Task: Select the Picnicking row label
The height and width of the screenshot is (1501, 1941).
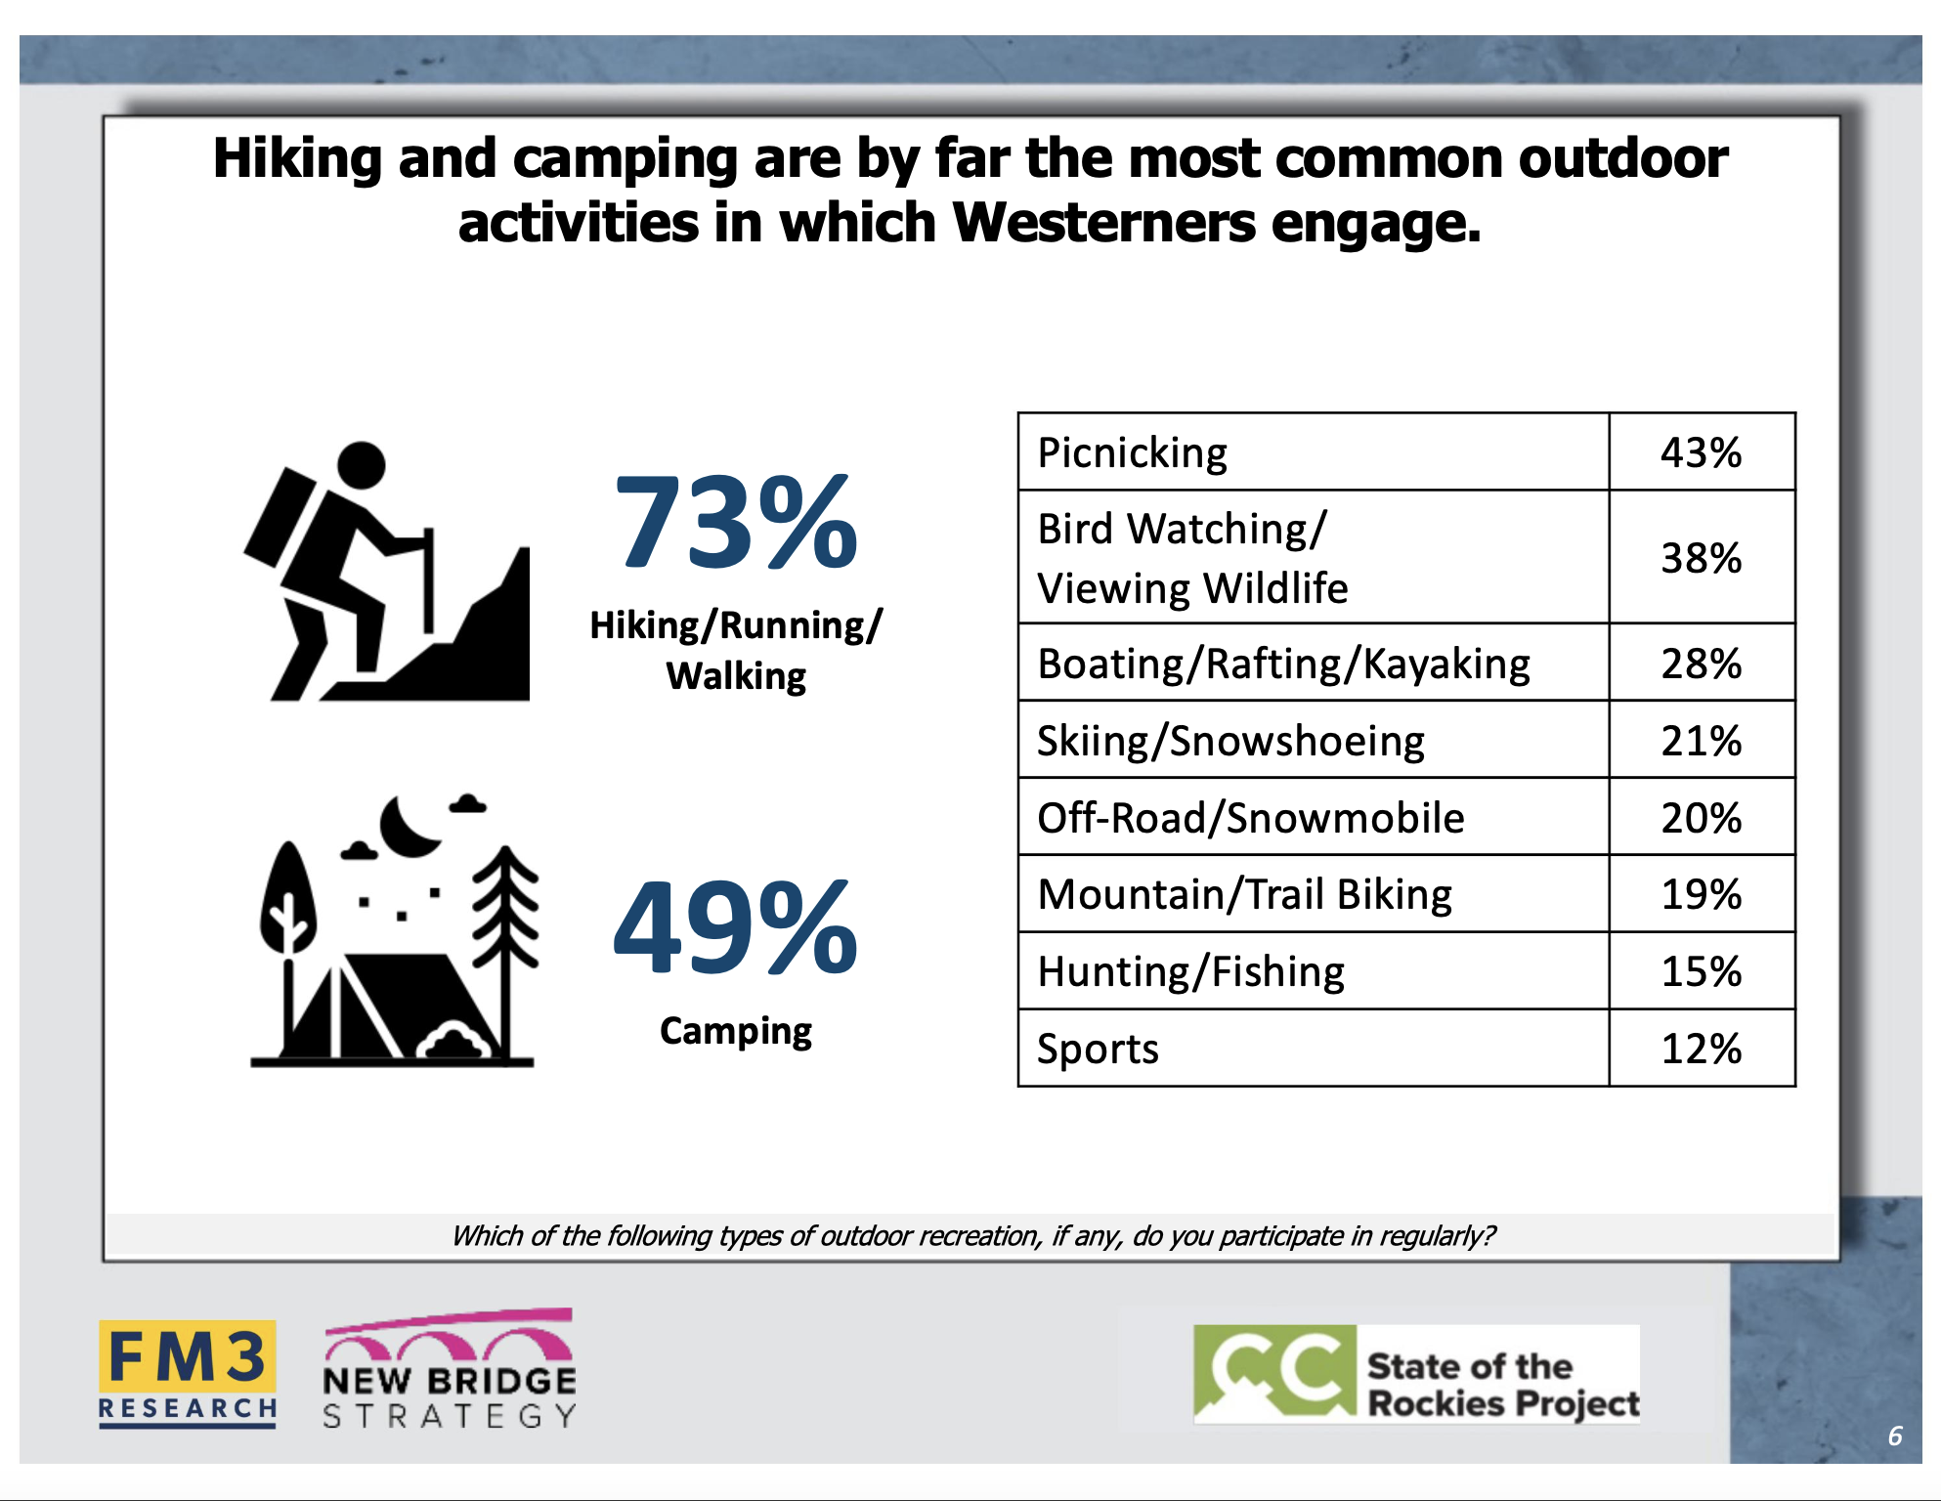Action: coord(1132,453)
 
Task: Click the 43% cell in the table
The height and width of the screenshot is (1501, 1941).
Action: coord(1701,452)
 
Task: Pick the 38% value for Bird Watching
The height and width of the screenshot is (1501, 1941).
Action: coord(1701,558)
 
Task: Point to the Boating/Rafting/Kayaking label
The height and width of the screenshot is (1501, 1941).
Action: coord(1283,664)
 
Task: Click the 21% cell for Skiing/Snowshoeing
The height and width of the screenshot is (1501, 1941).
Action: coord(1701,741)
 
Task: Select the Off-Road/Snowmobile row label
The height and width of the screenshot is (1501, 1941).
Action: coord(1250,818)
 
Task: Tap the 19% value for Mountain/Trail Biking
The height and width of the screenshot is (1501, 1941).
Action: coord(1701,894)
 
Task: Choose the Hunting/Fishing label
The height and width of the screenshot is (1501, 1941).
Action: coord(1190,972)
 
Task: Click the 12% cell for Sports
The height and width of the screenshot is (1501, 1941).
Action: coord(1701,1049)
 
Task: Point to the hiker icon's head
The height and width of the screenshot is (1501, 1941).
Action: coord(362,465)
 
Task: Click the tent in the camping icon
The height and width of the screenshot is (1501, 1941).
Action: coord(382,1007)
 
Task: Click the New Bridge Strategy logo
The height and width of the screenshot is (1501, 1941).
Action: coord(449,1369)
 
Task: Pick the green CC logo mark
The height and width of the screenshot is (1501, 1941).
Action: coord(1274,1372)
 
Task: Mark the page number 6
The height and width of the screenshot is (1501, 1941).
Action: coord(1895,1436)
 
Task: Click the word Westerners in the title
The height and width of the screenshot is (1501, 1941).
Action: coord(1103,223)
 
